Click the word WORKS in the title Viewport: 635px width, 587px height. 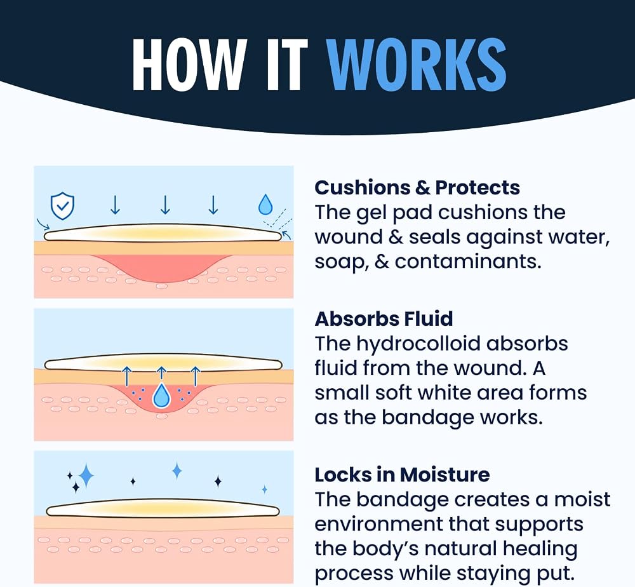coord(417,64)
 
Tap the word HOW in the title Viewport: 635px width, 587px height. coord(189,64)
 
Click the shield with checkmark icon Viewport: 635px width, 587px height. coord(62,206)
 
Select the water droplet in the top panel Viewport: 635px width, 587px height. coord(265,204)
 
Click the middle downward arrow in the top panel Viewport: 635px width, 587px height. coord(165,205)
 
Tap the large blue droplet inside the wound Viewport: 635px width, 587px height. coord(161,395)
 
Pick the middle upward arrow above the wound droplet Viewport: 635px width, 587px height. coord(161,374)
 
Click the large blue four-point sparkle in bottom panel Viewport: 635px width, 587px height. coord(86,476)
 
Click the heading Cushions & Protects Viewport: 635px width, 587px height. coord(417,187)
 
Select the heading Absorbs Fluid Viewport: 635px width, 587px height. coord(384,319)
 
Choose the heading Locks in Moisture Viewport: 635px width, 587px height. coord(402,475)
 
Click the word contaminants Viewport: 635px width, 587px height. coord(468,262)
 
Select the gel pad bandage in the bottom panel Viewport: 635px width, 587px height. coord(163,508)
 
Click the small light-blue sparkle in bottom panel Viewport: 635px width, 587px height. coord(264,489)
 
